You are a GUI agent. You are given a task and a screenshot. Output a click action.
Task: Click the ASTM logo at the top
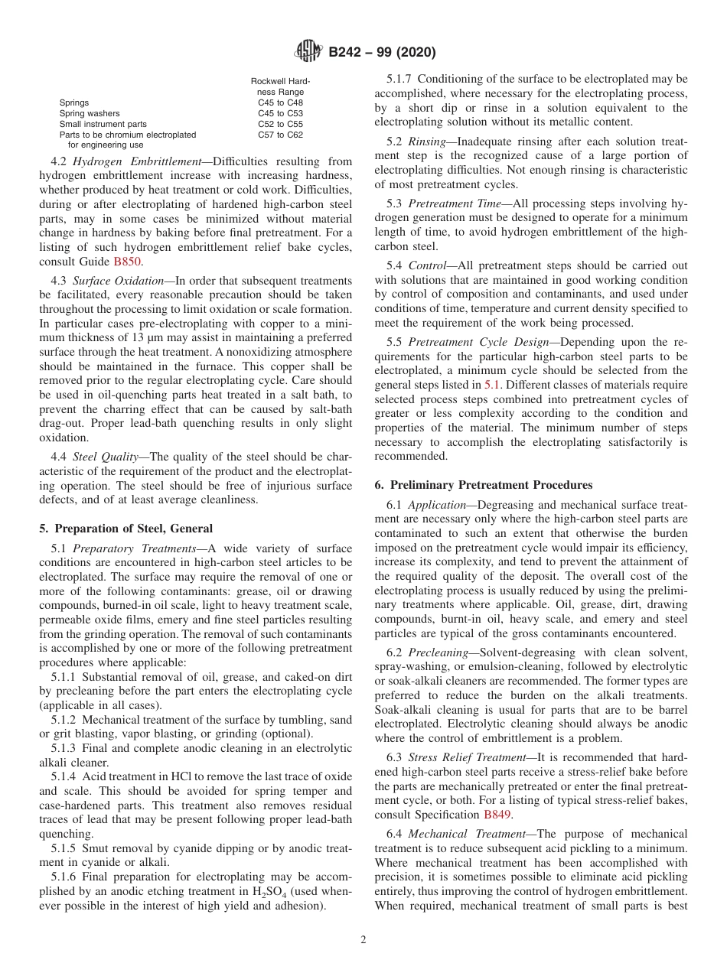click(x=308, y=52)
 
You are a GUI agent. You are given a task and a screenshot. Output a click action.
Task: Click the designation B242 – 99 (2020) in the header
click(x=382, y=53)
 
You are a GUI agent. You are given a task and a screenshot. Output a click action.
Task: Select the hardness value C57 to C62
click(x=280, y=135)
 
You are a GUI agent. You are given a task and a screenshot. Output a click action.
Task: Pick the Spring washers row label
click(x=90, y=113)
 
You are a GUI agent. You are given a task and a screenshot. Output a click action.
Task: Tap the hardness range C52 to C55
click(x=280, y=124)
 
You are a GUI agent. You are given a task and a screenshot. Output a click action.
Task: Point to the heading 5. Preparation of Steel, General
click(x=126, y=529)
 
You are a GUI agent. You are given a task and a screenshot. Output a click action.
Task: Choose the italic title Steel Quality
click(x=106, y=457)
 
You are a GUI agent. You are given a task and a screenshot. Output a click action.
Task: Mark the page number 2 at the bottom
click(x=363, y=940)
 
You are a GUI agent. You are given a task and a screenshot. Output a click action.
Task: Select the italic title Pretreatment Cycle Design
click(x=461, y=343)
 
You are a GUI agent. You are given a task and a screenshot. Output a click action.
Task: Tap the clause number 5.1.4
click(x=64, y=776)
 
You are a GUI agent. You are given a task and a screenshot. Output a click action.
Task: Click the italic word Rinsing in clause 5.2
click(x=427, y=142)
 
